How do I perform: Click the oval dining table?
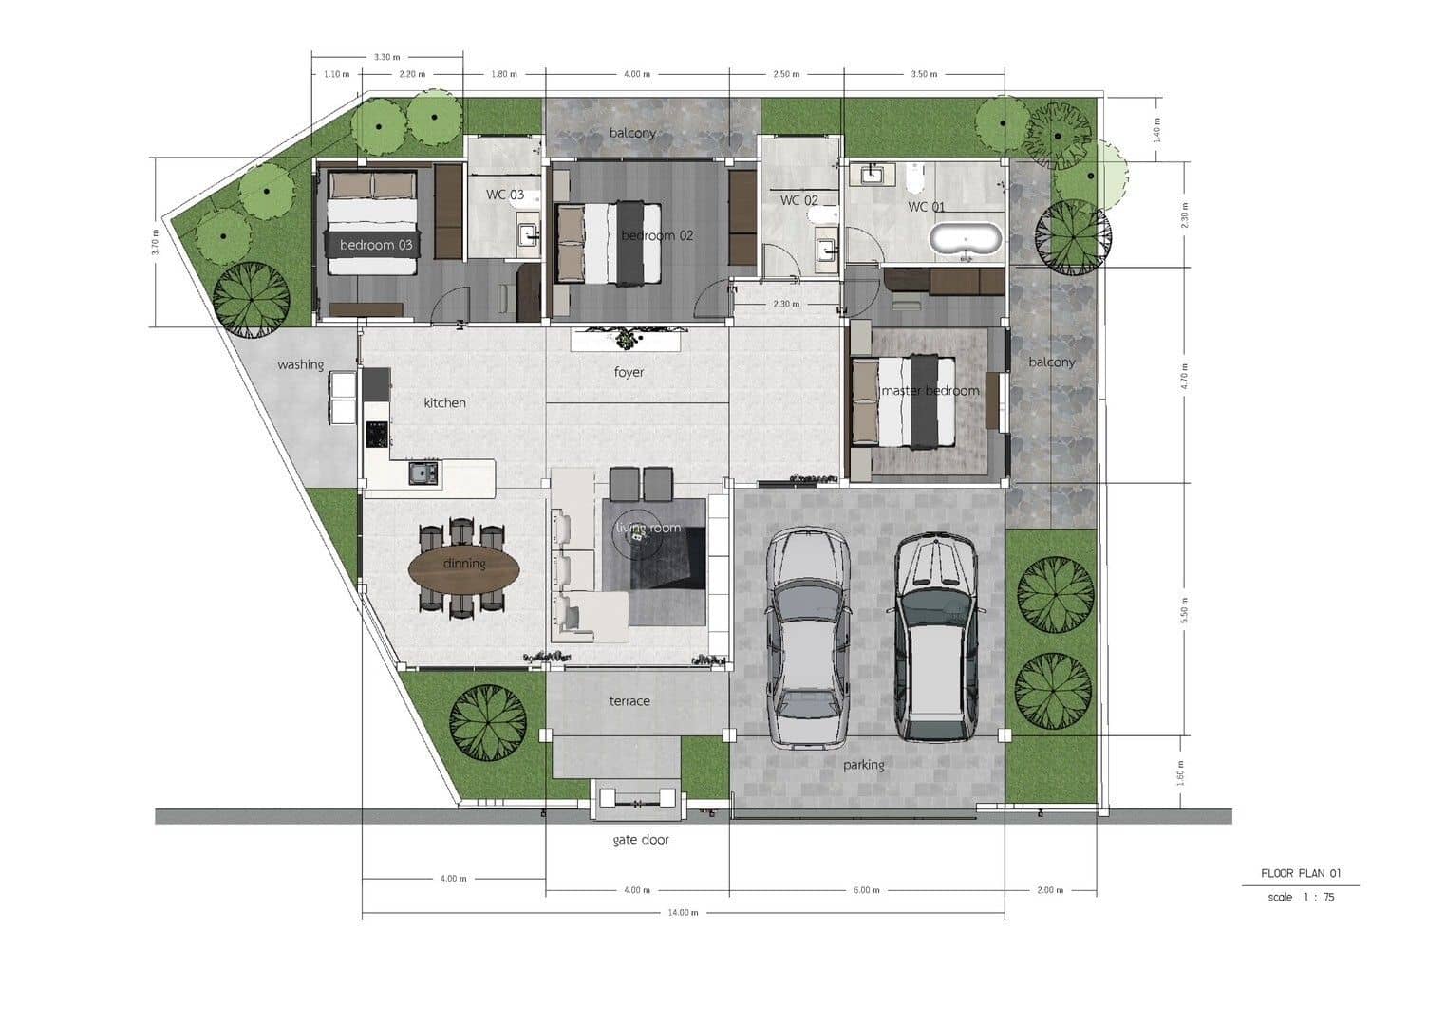464,569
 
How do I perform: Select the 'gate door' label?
641,840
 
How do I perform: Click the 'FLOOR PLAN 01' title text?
1301,873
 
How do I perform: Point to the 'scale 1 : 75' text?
1301,897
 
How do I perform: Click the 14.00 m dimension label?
683,913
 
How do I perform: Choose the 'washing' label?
300,364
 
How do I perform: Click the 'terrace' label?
629,701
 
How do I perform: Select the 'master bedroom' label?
930,391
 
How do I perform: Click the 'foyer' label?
629,372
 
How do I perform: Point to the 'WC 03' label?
505,195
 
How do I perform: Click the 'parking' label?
863,765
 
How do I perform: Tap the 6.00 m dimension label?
866,890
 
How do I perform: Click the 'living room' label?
648,528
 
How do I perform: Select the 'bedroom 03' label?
376,245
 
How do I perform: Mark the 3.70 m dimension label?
155,242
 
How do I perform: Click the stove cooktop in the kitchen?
377,434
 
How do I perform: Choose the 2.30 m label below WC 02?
786,305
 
